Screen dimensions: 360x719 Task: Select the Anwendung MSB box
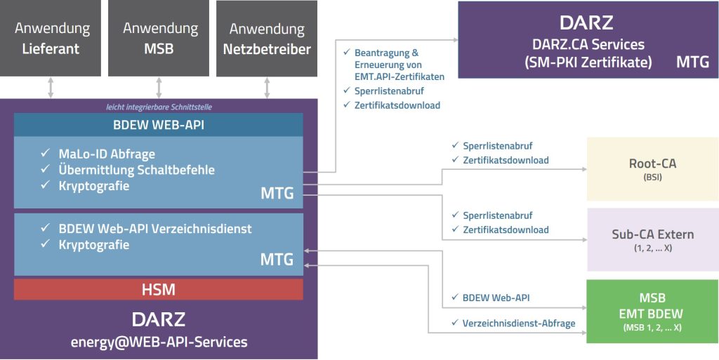click(159, 39)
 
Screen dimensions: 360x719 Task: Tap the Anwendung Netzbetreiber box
click(267, 39)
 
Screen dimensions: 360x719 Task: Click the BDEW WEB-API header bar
click(158, 126)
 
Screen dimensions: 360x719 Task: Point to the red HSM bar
click(158, 289)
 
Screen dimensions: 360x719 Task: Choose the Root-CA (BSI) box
click(652, 169)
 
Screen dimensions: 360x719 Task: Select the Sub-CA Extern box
click(652, 239)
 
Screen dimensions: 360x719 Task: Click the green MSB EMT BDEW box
click(652, 311)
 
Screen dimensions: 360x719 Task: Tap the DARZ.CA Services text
click(588, 44)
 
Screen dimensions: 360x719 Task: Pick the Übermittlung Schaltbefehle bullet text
click(137, 170)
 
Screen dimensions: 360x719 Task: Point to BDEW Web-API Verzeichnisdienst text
click(155, 229)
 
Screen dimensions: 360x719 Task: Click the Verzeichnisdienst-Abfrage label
click(519, 324)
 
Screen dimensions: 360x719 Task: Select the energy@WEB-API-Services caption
click(159, 342)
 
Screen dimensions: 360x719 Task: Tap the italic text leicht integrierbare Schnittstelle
click(158, 107)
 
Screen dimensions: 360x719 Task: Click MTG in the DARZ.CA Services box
click(692, 62)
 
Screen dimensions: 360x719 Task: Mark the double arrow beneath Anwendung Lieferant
click(51, 88)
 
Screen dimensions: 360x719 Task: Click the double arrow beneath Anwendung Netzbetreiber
click(267, 88)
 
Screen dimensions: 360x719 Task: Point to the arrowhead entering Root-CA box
click(583, 170)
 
